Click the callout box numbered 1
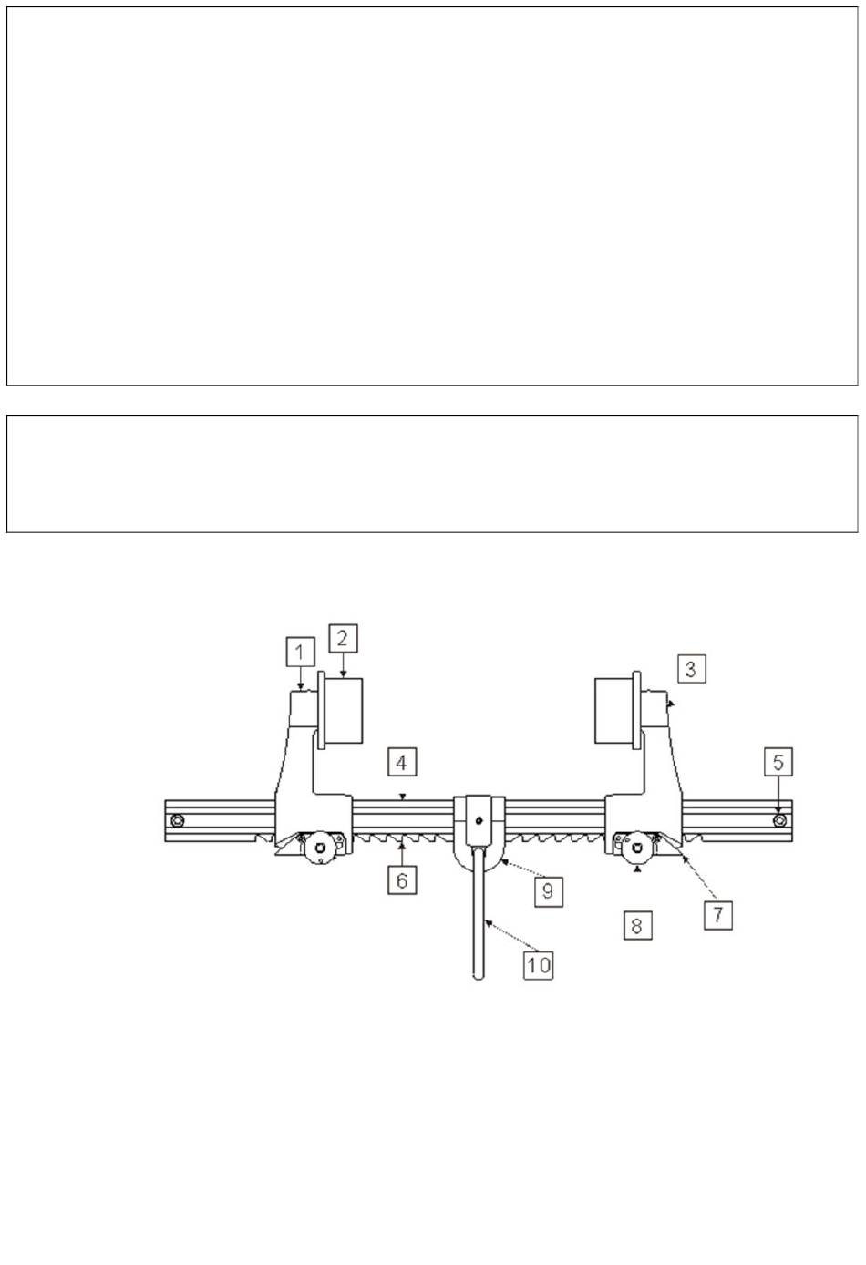(300, 653)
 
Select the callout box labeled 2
(343, 638)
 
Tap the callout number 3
(691, 669)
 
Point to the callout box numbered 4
(402, 763)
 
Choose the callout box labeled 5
(778, 762)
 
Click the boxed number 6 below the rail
(402, 879)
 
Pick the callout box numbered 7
(717, 914)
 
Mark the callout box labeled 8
(637, 924)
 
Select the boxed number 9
(548, 891)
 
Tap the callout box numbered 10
(538, 964)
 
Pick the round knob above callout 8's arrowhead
(638, 847)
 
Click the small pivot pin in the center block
(479, 820)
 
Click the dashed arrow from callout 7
(698, 878)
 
